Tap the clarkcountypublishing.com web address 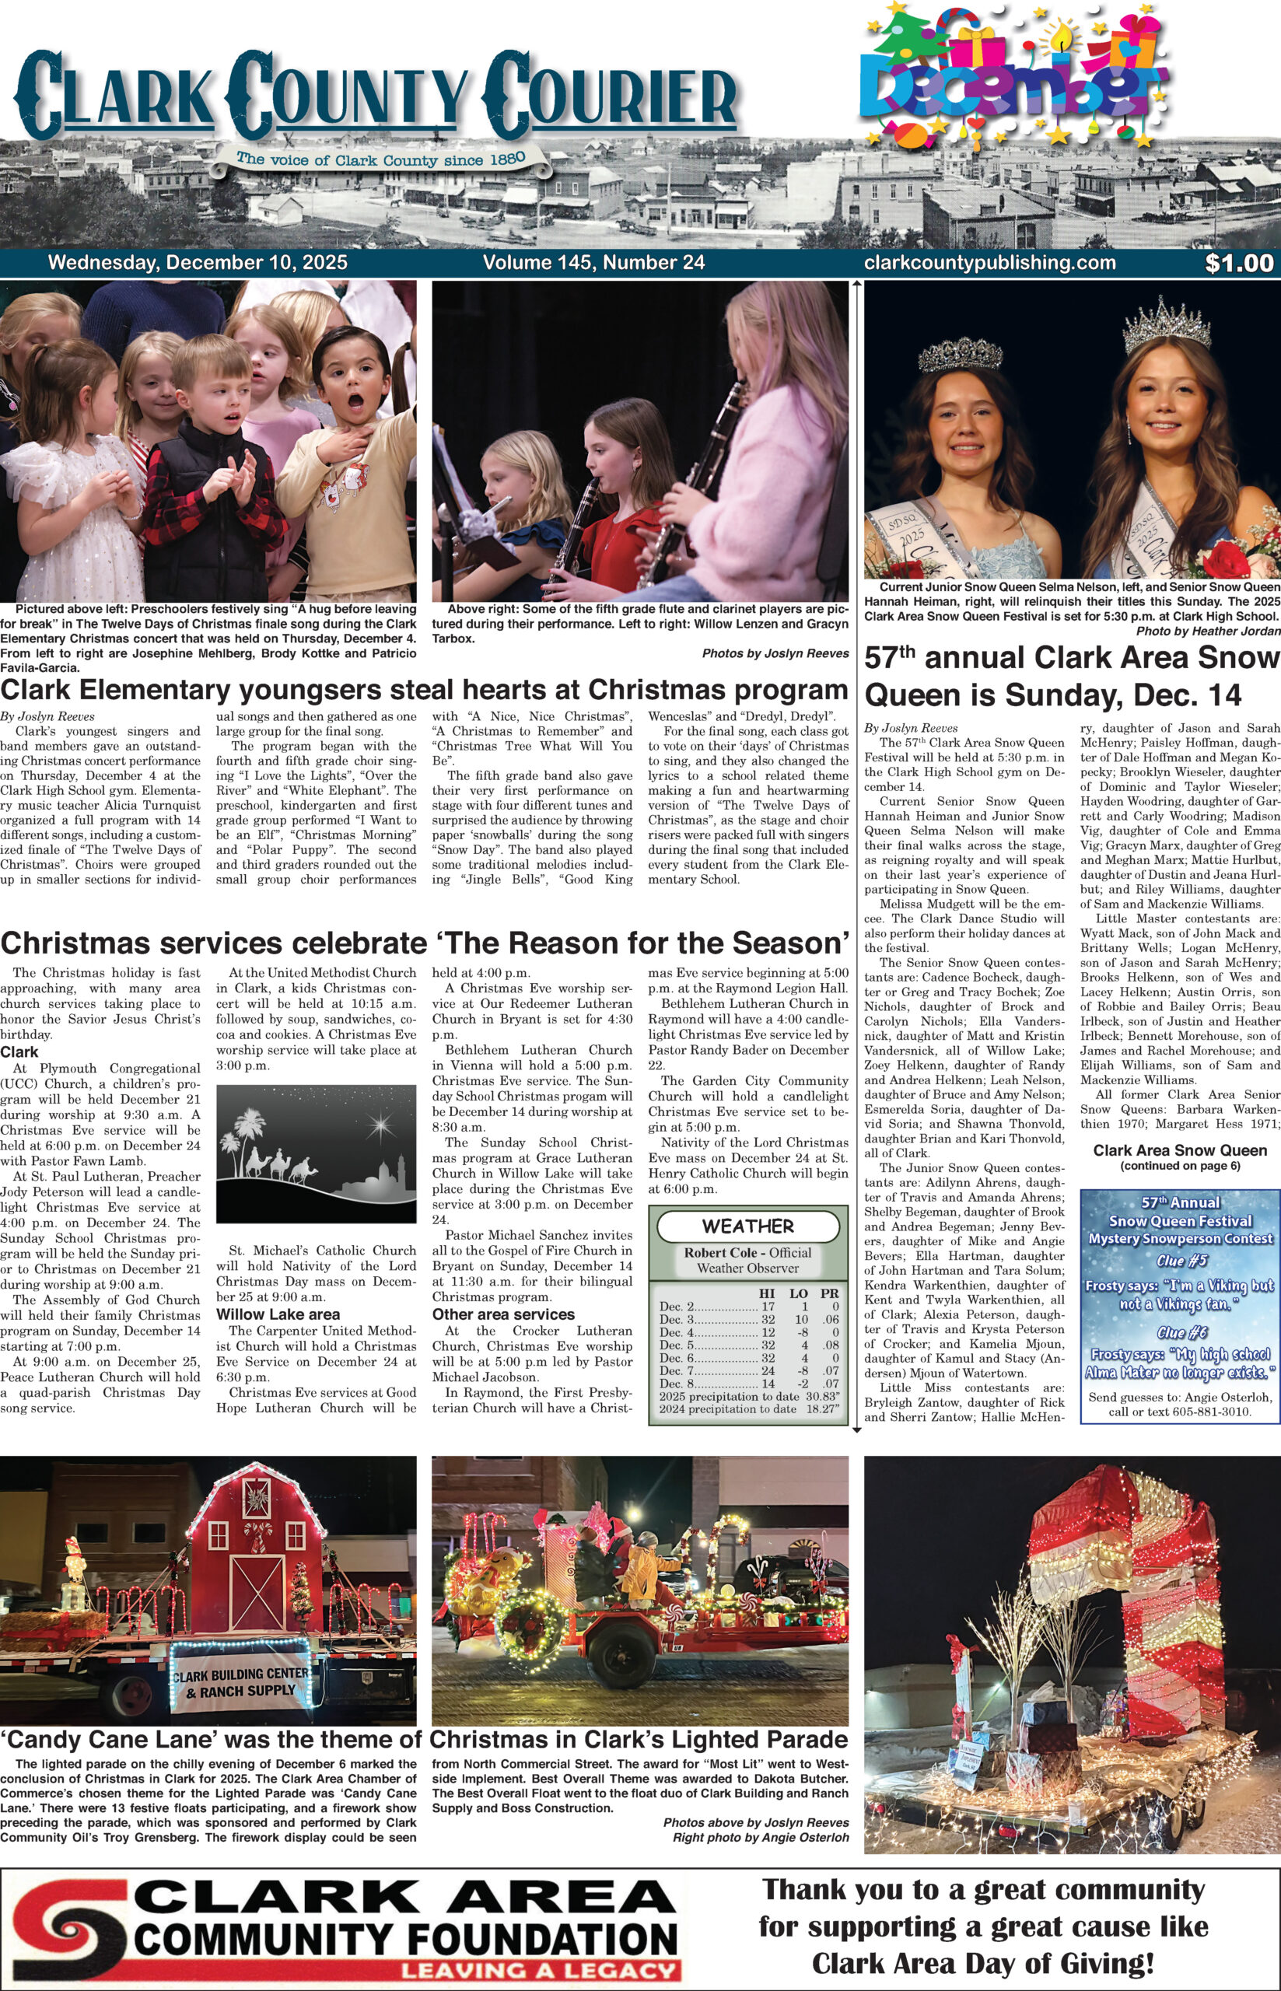click(990, 263)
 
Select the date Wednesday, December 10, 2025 click(198, 263)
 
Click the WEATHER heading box click(747, 1225)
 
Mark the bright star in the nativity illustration click(383, 1127)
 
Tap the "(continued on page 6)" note click(1180, 1166)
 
